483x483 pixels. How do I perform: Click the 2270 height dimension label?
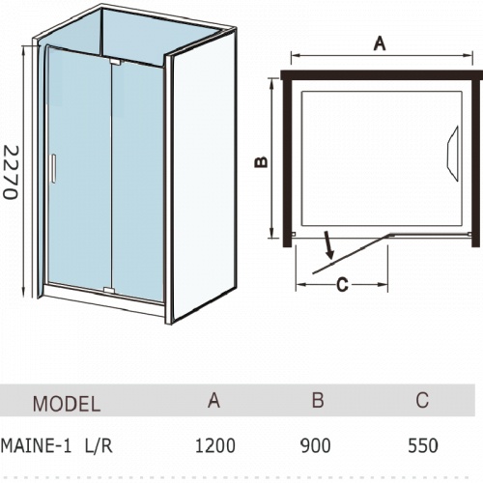point(11,172)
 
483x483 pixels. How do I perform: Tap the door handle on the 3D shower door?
point(53,168)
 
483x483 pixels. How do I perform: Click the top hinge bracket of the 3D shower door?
point(115,62)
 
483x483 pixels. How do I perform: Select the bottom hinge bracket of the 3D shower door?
point(109,291)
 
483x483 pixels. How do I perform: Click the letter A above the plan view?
point(380,43)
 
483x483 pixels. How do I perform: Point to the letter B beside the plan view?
point(261,162)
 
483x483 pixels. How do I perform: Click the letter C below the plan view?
point(342,285)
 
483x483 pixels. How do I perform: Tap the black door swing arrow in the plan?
point(328,245)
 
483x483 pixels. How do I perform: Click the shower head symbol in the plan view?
point(453,154)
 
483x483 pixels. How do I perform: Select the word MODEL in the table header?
point(67,404)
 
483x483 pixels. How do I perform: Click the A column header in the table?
point(213,400)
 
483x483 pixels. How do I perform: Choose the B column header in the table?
point(318,400)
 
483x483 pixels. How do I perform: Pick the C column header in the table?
point(422,400)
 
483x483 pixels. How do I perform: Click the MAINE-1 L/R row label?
point(57,446)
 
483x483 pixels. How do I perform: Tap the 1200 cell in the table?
point(215,446)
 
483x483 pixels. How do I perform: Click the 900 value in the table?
point(316,446)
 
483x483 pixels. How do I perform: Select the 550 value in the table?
point(423,446)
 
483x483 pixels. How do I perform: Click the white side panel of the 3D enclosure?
point(204,176)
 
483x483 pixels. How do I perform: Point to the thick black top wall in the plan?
point(382,75)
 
